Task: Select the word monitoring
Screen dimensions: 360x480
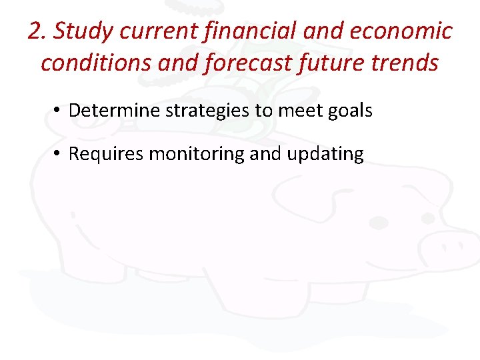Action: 197,154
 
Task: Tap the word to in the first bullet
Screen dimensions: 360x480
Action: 262,110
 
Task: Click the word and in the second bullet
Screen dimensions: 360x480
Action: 267,154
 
